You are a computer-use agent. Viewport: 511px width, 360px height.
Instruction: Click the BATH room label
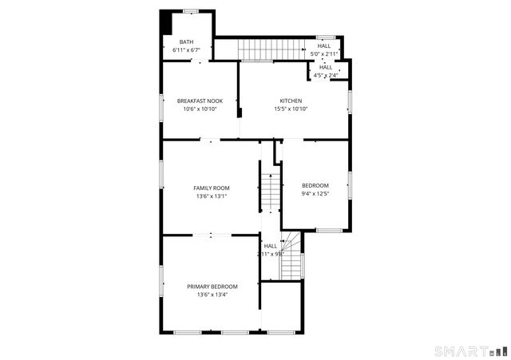pyautogui.click(x=186, y=42)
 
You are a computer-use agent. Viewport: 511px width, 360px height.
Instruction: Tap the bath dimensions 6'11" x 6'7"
pyautogui.click(x=186, y=50)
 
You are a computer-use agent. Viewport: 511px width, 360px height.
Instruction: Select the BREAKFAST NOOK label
pyautogui.click(x=200, y=101)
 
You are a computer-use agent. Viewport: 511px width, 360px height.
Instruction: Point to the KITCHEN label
pyautogui.click(x=291, y=101)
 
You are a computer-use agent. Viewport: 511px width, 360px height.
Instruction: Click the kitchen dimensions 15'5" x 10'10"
pyautogui.click(x=291, y=109)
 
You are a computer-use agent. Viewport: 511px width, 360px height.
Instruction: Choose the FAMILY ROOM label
pyautogui.click(x=212, y=188)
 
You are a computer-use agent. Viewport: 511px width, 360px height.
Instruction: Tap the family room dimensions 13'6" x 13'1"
pyautogui.click(x=212, y=196)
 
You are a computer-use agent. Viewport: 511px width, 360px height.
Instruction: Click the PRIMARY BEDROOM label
pyautogui.click(x=212, y=286)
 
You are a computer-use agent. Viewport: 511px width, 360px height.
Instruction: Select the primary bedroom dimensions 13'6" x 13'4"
pyautogui.click(x=212, y=295)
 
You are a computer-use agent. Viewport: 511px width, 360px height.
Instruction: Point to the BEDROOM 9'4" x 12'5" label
pyautogui.click(x=315, y=186)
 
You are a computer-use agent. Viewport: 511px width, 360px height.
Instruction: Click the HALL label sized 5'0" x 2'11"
pyautogui.click(x=324, y=45)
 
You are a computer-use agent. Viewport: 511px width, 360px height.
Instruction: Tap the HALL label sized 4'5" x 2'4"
pyautogui.click(x=326, y=67)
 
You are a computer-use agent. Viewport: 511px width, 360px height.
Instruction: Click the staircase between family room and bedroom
pyautogui.click(x=271, y=192)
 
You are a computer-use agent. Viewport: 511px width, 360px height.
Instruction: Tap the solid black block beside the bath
pyautogui.click(x=166, y=22)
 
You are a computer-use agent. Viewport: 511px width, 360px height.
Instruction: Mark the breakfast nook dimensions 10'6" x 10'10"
pyautogui.click(x=200, y=109)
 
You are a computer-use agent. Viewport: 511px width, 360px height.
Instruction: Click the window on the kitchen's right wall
pyautogui.click(x=349, y=101)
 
